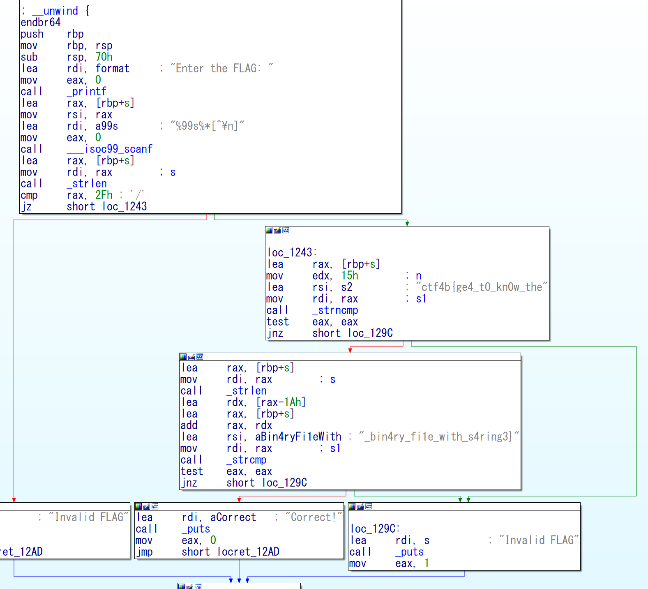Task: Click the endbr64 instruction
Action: pos(41,22)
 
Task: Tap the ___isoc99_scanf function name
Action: pos(109,149)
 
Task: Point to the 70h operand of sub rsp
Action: pos(104,57)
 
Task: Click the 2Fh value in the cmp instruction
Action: pos(104,195)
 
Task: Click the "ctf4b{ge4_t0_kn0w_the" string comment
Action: pos(482,287)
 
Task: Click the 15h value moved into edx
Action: pos(350,275)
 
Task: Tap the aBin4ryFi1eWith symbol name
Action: pos(298,437)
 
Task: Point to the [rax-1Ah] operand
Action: pos(281,402)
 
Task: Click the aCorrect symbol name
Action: pos(233,517)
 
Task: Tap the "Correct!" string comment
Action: pos(314,517)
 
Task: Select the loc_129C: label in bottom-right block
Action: pos(375,529)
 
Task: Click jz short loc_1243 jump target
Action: pos(125,206)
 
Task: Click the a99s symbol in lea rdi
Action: pos(107,126)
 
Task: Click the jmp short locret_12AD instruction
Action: pos(208,552)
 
